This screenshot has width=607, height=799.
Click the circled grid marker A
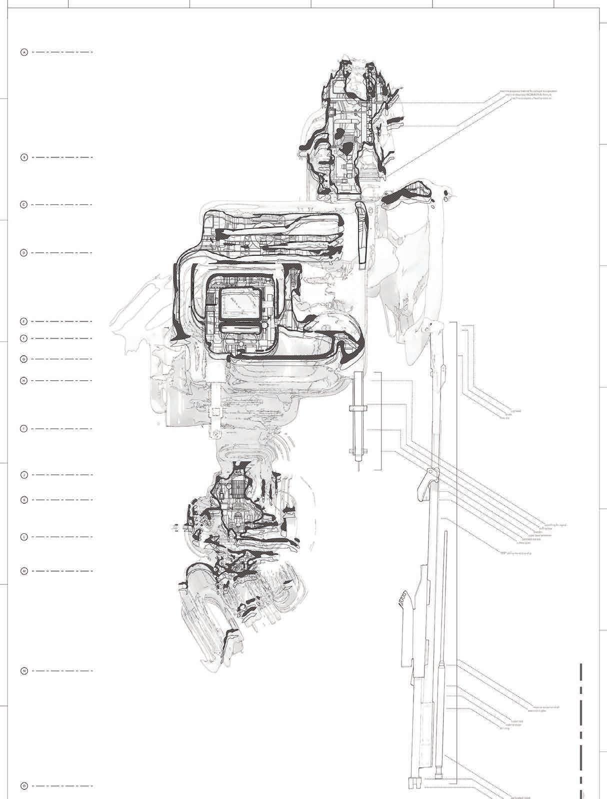[23, 52]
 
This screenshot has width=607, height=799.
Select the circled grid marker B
[23, 157]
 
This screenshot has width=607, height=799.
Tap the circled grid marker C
[23, 205]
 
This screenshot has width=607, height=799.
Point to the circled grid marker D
[23, 253]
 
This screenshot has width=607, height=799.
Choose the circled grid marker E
[23, 321]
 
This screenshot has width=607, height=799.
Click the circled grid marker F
[23, 338]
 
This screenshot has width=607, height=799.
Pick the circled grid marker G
[23, 359]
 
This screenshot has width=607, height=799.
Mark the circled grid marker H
[23, 381]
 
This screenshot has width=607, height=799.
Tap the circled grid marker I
[23, 429]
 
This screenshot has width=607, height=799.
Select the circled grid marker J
[23, 474]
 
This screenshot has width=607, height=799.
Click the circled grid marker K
[23, 500]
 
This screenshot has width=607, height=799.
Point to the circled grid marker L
[23, 537]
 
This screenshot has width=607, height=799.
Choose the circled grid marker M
[23, 571]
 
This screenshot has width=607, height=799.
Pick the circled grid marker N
[23, 671]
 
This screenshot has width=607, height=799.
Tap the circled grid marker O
[23, 786]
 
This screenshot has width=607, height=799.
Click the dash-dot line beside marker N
[62, 671]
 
